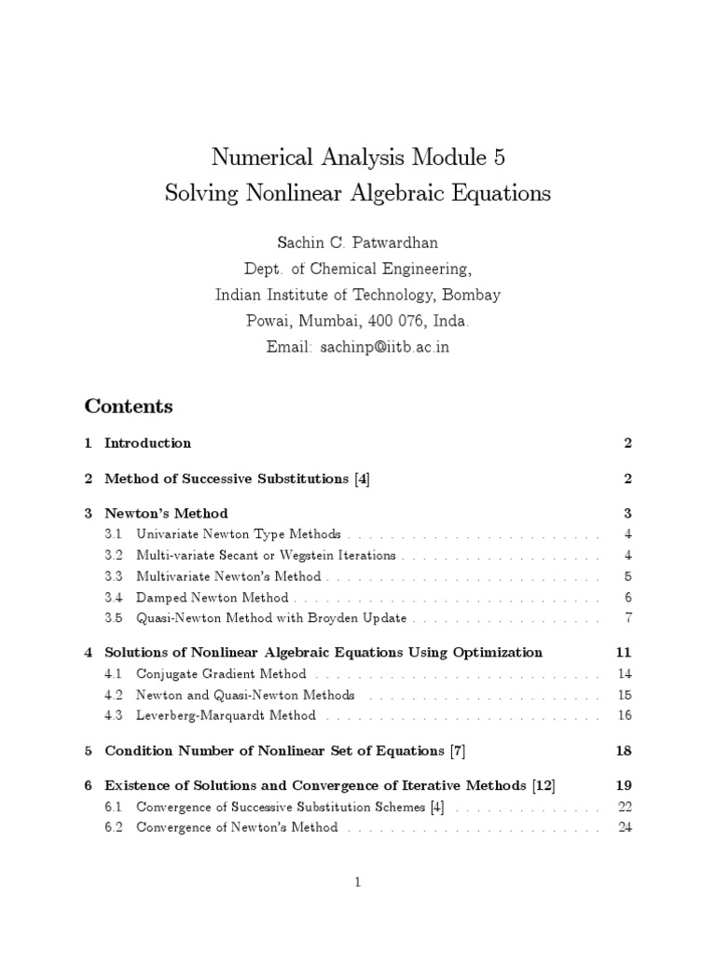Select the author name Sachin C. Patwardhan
[357, 242]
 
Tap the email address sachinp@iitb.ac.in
[385, 347]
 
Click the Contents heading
[129, 407]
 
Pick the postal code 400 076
[390, 321]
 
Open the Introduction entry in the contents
[147, 443]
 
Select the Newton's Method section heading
[166, 514]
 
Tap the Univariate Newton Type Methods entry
[238, 535]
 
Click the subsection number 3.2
[114, 556]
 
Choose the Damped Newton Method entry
[213, 598]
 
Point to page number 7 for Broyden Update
[628, 618]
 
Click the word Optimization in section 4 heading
[497, 652]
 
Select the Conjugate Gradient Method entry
[221, 673]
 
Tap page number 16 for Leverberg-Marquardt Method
[625, 715]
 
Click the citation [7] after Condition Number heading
[457, 751]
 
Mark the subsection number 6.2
[114, 827]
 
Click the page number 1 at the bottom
[358, 882]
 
